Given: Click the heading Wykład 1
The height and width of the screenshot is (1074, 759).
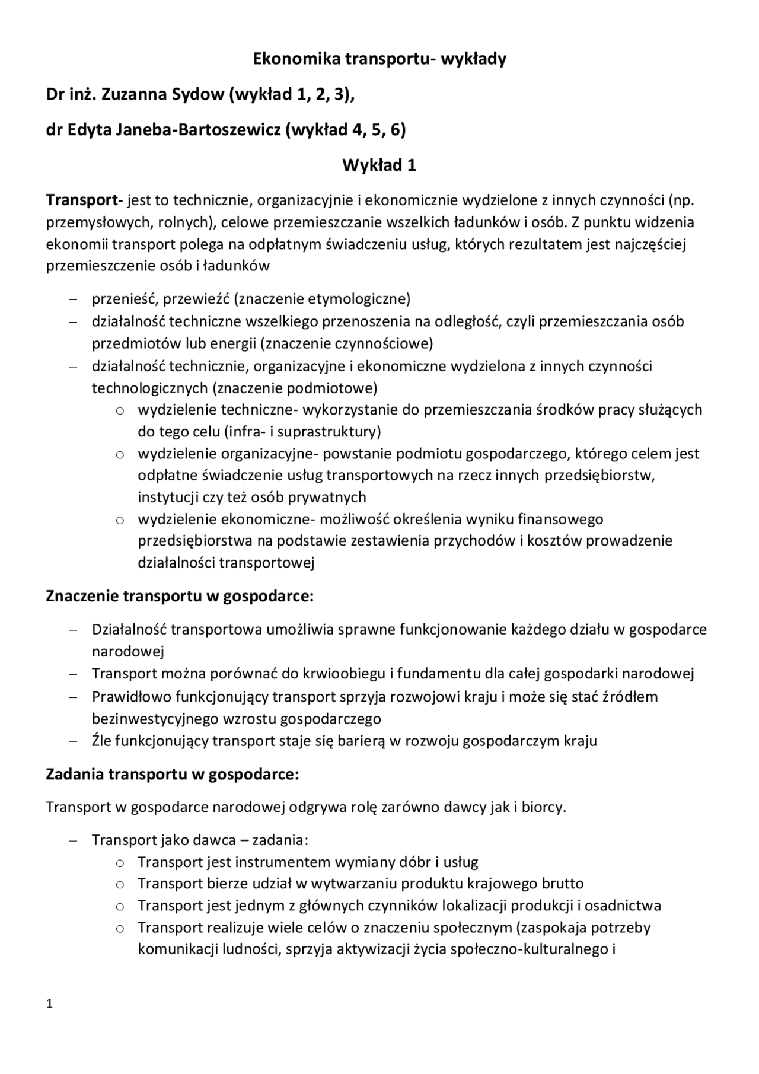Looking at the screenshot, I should click(x=379, y=165).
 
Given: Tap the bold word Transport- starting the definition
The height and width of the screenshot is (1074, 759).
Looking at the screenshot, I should click(x=84, y=200).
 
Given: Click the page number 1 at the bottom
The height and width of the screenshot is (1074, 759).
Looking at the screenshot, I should click(x=50, y=1004).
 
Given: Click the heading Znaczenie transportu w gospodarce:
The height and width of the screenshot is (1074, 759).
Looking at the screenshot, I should click(x=180, y=596).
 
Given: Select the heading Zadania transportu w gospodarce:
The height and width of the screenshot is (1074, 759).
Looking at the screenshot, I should click(x=173, y=774).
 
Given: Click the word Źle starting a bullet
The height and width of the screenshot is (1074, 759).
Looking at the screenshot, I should click(x=101, y=741).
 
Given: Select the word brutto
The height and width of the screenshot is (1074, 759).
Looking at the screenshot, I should click(x=562, y=884).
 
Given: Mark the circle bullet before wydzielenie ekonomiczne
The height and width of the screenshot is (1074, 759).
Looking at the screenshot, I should click(x=120, y=520).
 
